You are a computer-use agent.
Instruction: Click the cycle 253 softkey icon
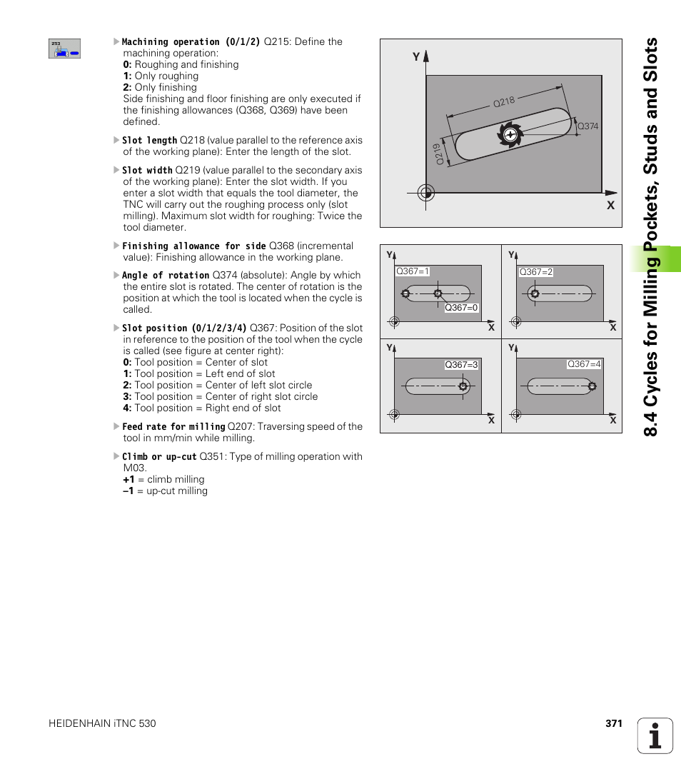pos(64,49)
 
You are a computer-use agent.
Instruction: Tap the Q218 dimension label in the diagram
pos(504,102)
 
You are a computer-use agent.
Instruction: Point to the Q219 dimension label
pos(440,154)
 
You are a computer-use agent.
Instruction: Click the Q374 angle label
pos(587,126)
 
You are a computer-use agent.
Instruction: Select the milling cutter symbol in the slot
pos(510,134)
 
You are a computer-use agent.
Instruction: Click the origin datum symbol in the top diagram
pos(425,192)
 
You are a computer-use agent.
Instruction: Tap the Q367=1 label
pos(413,271)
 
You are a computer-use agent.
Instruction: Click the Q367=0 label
pos(461,308)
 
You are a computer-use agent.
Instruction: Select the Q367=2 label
pos(536,272)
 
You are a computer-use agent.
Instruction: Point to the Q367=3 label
pos(461,365)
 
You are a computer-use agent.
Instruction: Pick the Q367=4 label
pos(584,364)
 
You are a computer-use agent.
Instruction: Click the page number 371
pos(614,723)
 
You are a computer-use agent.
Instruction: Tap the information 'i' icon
pos(655,735)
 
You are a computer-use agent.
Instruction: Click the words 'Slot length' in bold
pos(149,141)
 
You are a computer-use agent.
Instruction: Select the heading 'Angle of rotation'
pos(166,276)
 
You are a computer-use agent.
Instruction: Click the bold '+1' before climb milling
pos(128,480)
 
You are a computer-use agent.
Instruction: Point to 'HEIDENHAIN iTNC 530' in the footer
pos(102,723)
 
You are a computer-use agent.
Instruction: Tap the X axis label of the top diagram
pos(610,205)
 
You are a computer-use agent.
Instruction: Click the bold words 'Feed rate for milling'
pos(173,427)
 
